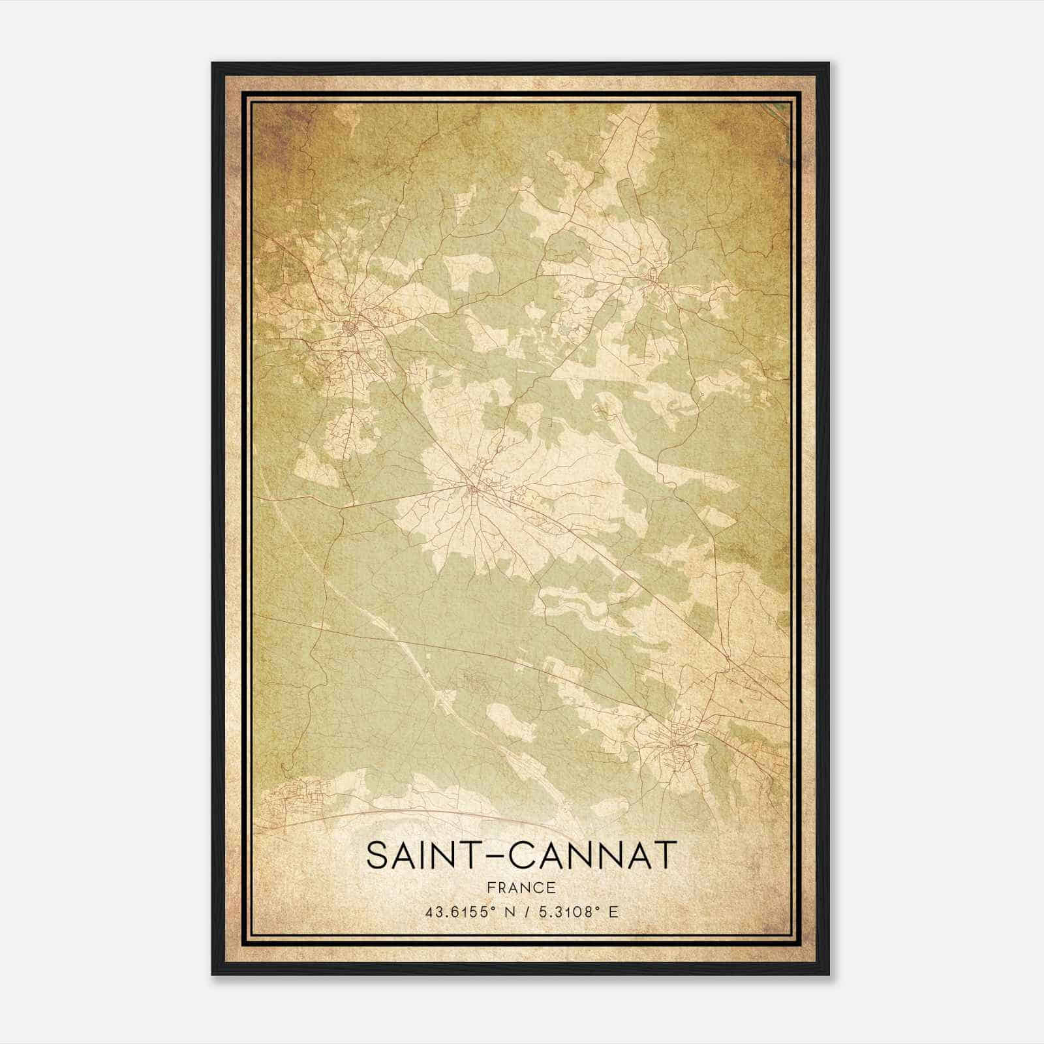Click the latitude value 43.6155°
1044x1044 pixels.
(x=457, y=912)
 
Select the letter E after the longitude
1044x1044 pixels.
(x=613, y=912)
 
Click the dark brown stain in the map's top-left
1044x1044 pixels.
(x=274, y=130)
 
